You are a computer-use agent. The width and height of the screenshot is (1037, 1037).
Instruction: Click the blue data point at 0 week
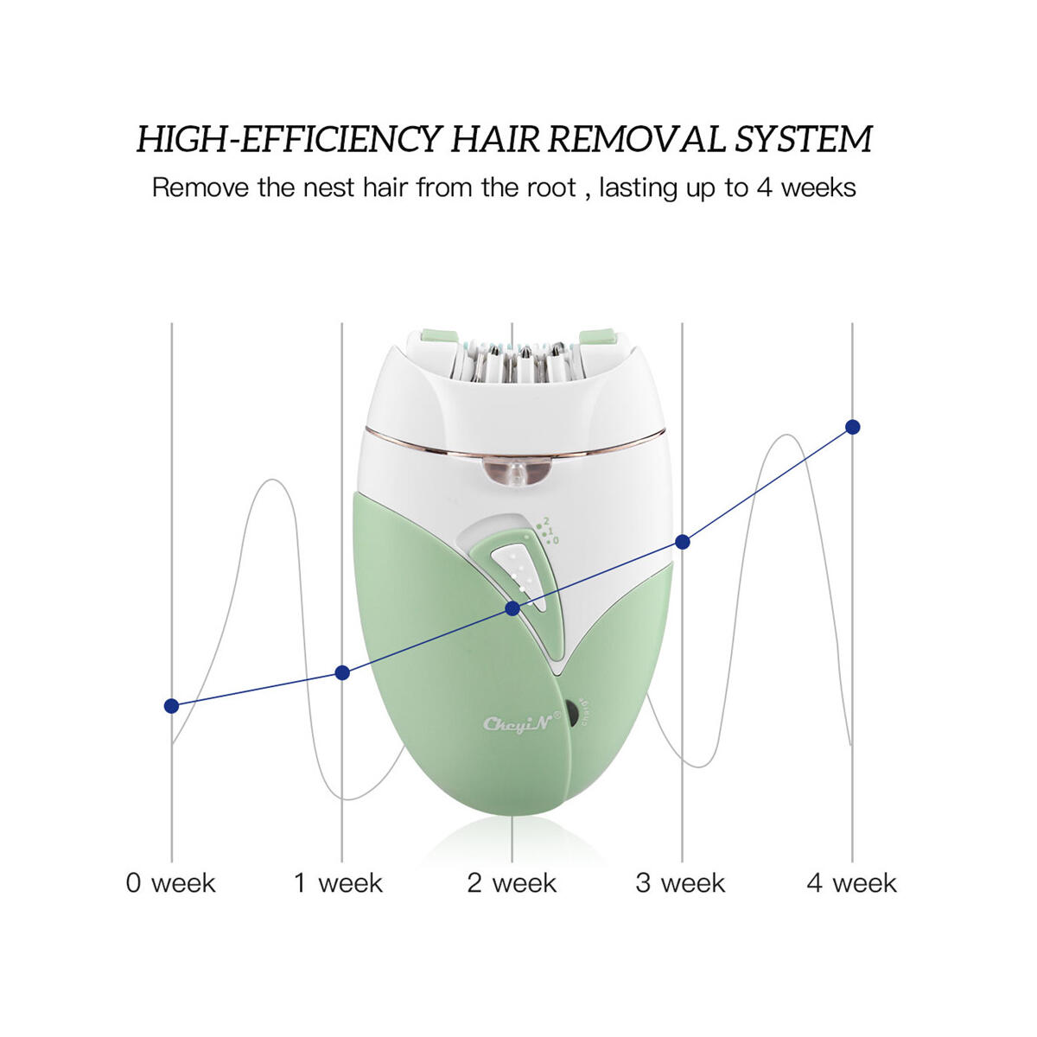click(172, 706)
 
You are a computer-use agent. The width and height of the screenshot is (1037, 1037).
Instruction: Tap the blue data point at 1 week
click(342, 672)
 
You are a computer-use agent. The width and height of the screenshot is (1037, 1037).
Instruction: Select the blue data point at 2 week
click(512, 608)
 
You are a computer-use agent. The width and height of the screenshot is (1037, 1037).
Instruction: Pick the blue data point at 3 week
click(683, 542)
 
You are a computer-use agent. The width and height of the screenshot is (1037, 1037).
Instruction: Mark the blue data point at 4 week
click(853, 427)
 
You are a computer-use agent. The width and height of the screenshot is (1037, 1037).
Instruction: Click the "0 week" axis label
click(170, 883)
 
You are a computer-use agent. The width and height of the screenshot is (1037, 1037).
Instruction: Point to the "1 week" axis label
click(339, 883)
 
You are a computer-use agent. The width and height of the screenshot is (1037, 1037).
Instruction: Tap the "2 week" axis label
click(512, 883)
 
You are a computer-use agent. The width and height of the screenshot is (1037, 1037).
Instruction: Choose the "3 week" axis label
click(680, 883)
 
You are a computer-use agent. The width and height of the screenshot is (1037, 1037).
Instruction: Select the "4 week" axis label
click(851, 883)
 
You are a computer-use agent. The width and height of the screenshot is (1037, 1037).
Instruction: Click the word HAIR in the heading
click(495, 139)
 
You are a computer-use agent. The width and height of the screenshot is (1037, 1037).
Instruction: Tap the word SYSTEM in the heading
click(803, 139)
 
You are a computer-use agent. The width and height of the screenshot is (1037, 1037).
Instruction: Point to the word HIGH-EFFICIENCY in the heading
click(290, 139)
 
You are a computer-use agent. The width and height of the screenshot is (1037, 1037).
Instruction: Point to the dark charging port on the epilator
click(571, 714)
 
